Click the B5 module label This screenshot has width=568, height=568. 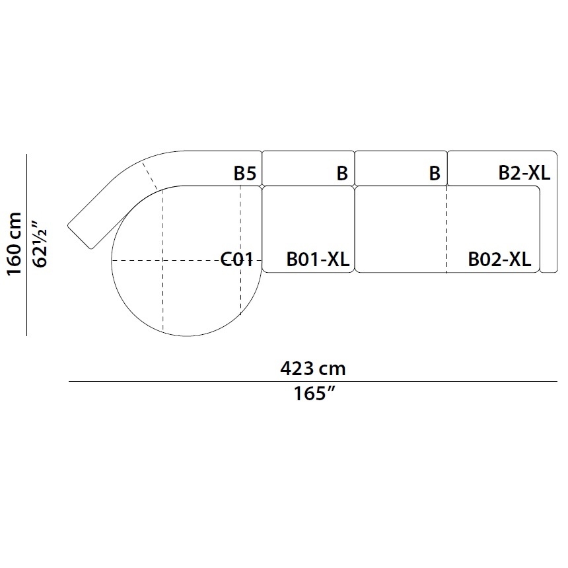(x=245, y=173)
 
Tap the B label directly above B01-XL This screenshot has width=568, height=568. (x=342, y=173)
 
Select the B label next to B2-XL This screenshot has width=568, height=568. (x=435, y=173)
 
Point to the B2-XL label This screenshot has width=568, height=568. (x=524, y=172)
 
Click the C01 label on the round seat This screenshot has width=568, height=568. (x=236, y=260)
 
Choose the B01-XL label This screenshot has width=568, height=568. (x=318, y=260)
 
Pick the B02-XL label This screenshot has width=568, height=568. (x=499, y=260)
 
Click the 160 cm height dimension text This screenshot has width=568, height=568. (x=15, y=244)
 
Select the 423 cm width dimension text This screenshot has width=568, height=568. (x=313, y=369)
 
